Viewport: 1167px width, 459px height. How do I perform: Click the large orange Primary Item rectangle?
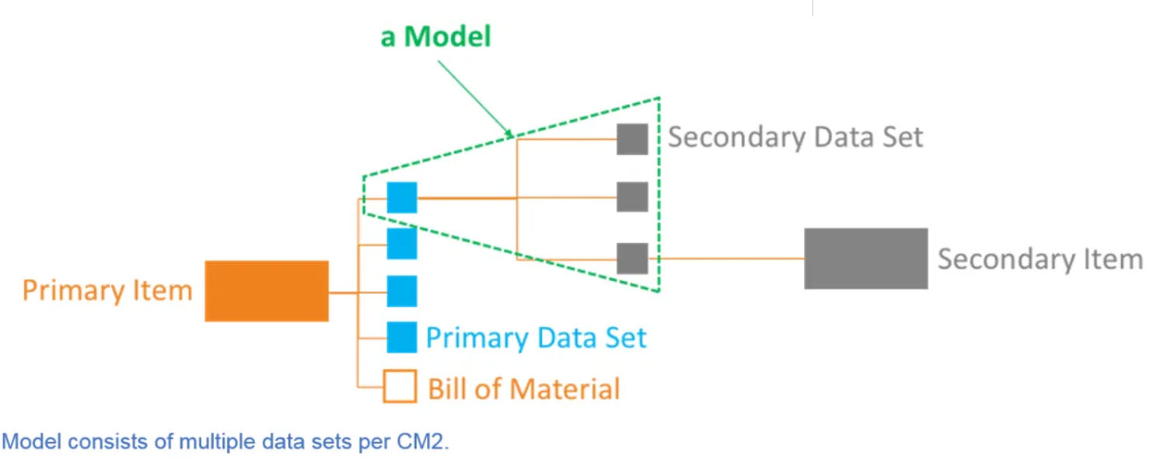pos(267,291)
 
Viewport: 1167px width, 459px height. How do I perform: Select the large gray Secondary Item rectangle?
pos(865,259)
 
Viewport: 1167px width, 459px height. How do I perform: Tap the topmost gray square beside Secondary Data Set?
pos(632,139)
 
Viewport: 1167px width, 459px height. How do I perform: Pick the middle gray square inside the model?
pos(632,197)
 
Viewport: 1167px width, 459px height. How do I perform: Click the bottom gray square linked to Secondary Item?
pos(632,259)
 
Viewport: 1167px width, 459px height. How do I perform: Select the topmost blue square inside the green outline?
pos(402,197)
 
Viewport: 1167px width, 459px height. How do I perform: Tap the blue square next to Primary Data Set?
pos(402,337)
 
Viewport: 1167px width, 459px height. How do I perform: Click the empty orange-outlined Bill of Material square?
pos(400,386)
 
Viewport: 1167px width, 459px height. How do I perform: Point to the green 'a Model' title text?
pos(435,37)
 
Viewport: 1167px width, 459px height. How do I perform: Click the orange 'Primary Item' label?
pos(107,291)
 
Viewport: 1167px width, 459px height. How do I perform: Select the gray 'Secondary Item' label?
pos(1039,259)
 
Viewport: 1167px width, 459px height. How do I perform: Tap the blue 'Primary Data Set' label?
pos(536,339)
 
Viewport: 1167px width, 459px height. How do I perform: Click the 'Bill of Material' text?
pos(524,388)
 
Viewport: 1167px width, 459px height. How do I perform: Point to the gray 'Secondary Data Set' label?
pos(795,137)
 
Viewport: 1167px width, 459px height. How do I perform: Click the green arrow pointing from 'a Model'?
pos(474,97)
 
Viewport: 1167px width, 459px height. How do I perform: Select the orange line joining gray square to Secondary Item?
pos(726,259)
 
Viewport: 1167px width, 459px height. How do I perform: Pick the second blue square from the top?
pos(402,244)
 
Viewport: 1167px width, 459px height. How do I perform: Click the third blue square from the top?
pos(402,291)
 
